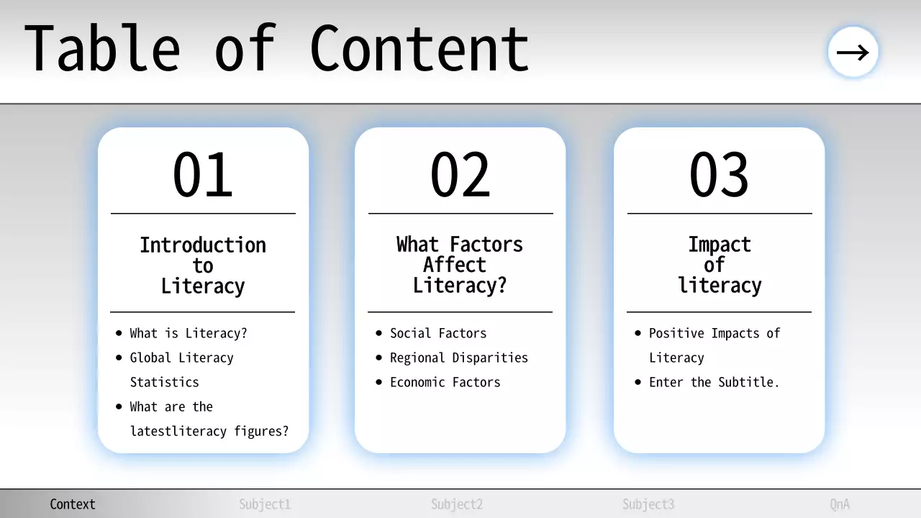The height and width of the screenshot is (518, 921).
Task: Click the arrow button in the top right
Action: pos(853,52)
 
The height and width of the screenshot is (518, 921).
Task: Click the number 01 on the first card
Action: pos(203,175)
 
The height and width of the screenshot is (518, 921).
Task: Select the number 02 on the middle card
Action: pos(460,175)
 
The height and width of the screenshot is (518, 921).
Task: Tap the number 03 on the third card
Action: pos(719,175)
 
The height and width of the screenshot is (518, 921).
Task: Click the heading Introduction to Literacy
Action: pos(203,265)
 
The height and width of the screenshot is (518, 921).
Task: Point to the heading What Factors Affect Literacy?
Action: pos(460,265)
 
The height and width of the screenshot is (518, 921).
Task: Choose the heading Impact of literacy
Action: pos(719,265)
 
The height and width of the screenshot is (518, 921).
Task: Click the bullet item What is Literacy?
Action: pos(188,333)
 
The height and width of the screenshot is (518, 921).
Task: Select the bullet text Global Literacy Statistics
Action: pos(181,369)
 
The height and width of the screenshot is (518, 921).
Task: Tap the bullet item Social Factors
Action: pos(437,333)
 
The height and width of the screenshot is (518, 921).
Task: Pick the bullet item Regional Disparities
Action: pos(458,358)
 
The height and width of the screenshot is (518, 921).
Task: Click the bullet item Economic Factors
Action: pos(445,382)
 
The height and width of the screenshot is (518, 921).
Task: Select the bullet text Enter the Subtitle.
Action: pos(714,382)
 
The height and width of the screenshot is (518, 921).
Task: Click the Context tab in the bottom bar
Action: pos(73,504)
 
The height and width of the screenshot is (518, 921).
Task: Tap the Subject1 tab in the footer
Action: pos(265,504)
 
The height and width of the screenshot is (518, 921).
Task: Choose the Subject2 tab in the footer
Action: pos(457,504)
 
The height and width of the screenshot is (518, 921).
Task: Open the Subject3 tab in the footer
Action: pos(648,504)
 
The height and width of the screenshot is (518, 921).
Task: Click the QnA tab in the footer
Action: pos(840,504)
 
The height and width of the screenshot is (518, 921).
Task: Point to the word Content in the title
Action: pos(419,49)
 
